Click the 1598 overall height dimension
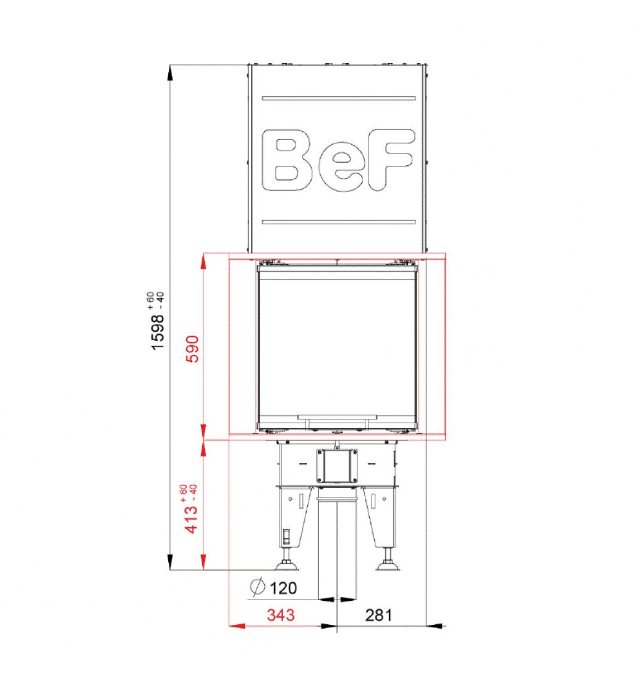pyautogui.click(x=158, y=332)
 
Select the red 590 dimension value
pyautogui.click(x=192, y=349)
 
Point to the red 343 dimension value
pyautogui.click(x=281, y=615)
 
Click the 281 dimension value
pyautogui.click(x=378, y=615)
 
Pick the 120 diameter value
pyautogui.click(x=283, y=588)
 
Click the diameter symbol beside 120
pyautogui.click(x=257, y=587)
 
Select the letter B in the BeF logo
pyautogui.click(x=287, y=160)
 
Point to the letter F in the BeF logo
pyautogui.click(x=391, y=160)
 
